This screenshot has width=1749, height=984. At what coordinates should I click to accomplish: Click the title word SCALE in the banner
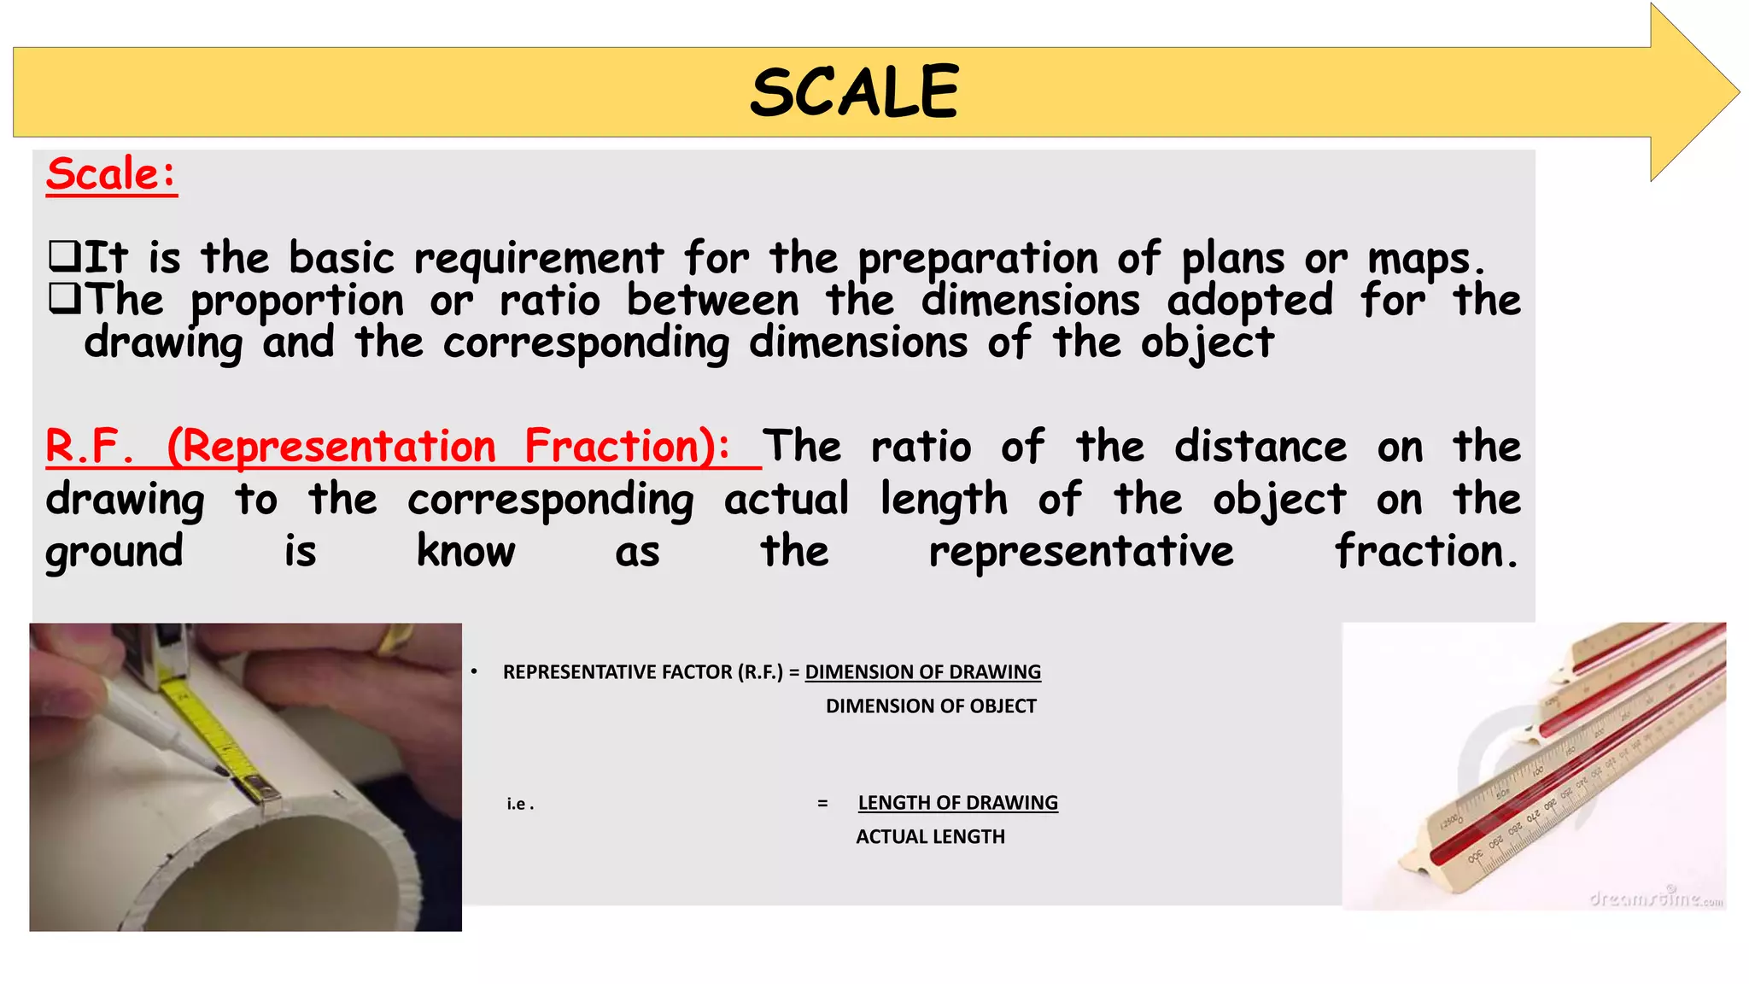click(x=855, y=92)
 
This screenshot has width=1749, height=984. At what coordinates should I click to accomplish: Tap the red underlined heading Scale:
click(x=111, y=174)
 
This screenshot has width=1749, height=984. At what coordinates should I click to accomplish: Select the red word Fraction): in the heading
click(x=627, y=447)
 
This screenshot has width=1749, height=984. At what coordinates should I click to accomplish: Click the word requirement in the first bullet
click(x=538, y=259)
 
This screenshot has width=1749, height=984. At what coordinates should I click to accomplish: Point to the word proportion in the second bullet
click(x=297, y=302)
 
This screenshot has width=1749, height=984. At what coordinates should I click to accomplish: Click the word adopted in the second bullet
click(x=1249, y=301)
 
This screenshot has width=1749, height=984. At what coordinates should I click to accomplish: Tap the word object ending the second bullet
click(x=1208, y=343)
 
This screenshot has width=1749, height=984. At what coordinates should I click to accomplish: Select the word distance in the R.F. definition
click(x=1261, y=447)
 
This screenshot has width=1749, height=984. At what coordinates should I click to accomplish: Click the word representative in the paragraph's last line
click(x=1081, y=552)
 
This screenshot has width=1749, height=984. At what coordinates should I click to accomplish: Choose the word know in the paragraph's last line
click(x=465, y=552)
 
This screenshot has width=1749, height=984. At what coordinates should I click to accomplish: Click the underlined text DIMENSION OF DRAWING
click(x=922, y=672)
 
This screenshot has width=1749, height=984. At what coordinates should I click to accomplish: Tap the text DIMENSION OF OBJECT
click(x=931, y=706)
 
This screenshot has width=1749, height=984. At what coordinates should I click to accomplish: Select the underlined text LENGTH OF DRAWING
click(x=957, y=803)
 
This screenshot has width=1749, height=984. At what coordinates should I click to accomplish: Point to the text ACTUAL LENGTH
click(x=930, y=837)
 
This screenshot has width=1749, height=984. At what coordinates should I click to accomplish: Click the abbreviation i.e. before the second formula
click(x=520, y=804)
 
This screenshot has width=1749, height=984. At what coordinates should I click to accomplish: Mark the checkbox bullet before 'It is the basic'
click(x=64, y=255)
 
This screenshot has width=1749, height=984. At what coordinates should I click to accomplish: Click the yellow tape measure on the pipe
click(x=214, y=727)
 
